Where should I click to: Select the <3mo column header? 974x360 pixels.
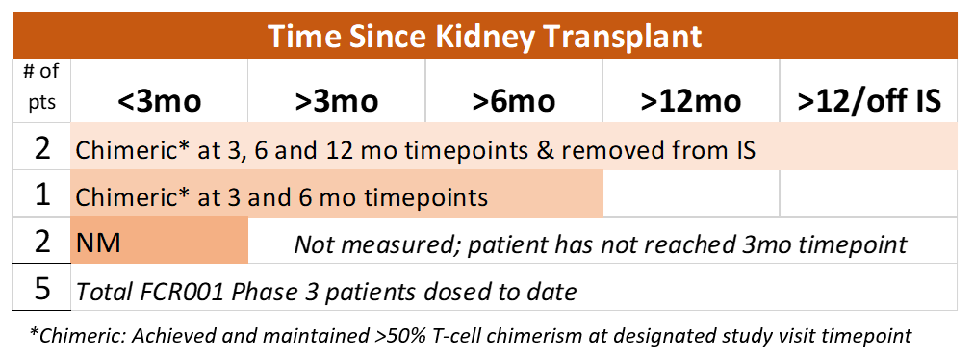tap(161, 100)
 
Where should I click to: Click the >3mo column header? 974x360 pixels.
tap(337, 100)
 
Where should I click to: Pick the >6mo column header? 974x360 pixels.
tap(514, 100)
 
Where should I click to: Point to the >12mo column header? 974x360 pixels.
tap(691, 100)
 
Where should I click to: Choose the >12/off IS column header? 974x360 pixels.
tap(869, 100)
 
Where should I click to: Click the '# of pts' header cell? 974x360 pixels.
tap(41, 87)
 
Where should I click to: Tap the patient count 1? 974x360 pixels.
tap(41, 195)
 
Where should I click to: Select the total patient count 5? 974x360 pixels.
tap(41, 289)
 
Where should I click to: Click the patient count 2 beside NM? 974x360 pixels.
tap(41, 242)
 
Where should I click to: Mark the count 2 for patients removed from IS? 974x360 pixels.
tap(41, 149)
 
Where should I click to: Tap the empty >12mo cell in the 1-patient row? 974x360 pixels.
tap(691, 193)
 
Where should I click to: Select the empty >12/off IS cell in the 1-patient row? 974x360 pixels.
tap(868, 193)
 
